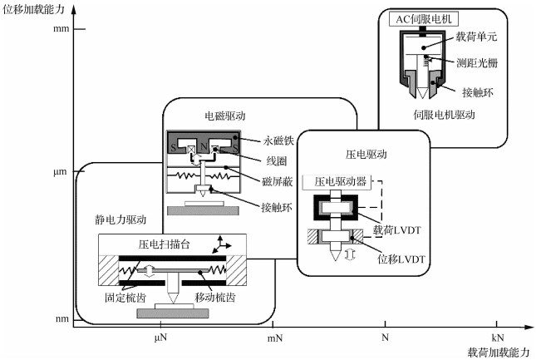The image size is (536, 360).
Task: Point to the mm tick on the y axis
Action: [60, 29]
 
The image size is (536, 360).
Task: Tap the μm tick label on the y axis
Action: [60, 172]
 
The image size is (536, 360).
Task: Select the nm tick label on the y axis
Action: [60, 319]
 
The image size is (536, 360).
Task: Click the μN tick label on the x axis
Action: [162, 337]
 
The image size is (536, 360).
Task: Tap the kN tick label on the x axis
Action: [496, 337]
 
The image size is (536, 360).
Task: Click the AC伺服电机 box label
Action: [427, 19]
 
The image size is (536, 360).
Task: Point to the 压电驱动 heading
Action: [366, 154]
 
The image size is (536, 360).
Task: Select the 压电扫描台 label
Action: [162, 244]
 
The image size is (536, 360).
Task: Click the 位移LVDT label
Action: [401, 259]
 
